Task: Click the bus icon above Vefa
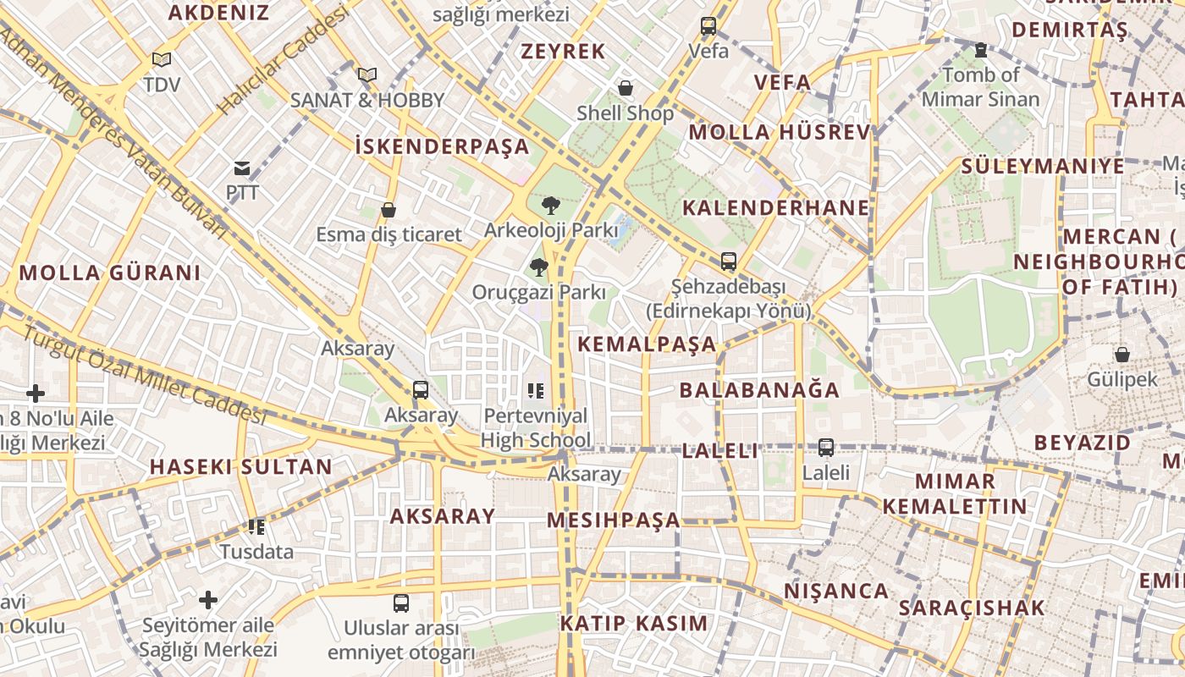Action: click(x=708, y=26)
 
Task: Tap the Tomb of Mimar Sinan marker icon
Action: click(x=980, y=51)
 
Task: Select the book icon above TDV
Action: click(x=161, y=60)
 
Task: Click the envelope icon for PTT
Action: click(x=242, y=168)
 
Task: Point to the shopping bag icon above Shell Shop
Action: click(x=626, y=88)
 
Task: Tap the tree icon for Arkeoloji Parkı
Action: click(x=550, y=205)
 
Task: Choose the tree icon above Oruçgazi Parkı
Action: click(x=537, y=268)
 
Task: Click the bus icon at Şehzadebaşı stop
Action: click(x=728, y=261)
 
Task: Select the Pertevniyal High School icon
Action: click(x=535, y=391)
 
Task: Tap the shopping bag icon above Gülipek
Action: click(x=1122, y=355)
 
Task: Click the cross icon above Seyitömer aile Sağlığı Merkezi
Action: click(x=208, y=601)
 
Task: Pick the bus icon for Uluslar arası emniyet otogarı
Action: click(x=401, y=603)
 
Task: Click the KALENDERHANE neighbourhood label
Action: click(x=776, y=208)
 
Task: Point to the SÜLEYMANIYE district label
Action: click(x=1043, y=166)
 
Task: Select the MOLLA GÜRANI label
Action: click(x=110, y=273)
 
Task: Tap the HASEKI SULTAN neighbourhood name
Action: click(x=241, y=467)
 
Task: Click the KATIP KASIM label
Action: click(x=633, y=624)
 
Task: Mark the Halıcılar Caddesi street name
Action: click(x=284, y=63)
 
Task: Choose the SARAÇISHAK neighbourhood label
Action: click(x=972, y=608)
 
